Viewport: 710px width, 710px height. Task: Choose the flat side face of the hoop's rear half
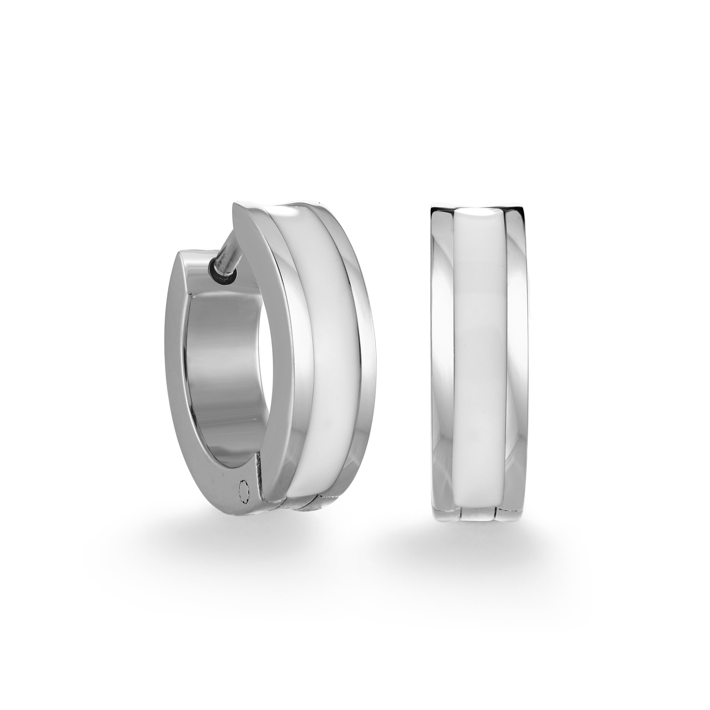(176, 368)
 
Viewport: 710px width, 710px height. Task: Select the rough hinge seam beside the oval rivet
(259, 481)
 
